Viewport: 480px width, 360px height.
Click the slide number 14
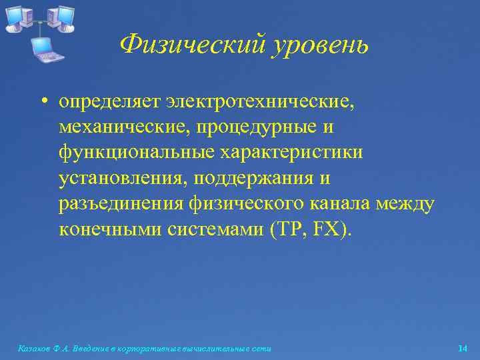[x=463, y=349]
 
